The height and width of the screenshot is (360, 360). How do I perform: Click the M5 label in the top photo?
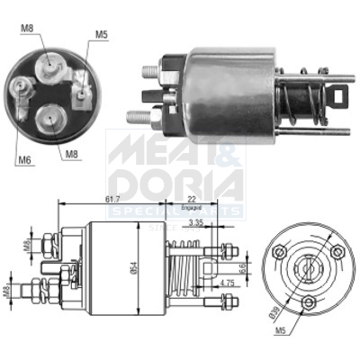[101, 35]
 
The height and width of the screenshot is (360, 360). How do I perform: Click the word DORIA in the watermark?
[175, 185]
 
